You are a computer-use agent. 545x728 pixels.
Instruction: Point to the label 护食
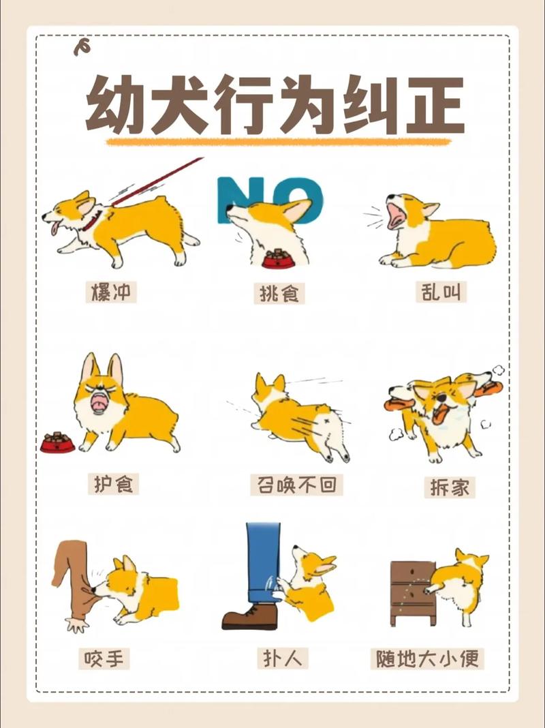click(x=112, y=483)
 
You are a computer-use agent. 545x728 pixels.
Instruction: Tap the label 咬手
click(x=106, y=658)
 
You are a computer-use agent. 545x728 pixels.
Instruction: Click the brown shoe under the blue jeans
click(x=250, y=617)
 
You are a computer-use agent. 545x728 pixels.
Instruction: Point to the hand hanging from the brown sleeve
click(x=76, y=624)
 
